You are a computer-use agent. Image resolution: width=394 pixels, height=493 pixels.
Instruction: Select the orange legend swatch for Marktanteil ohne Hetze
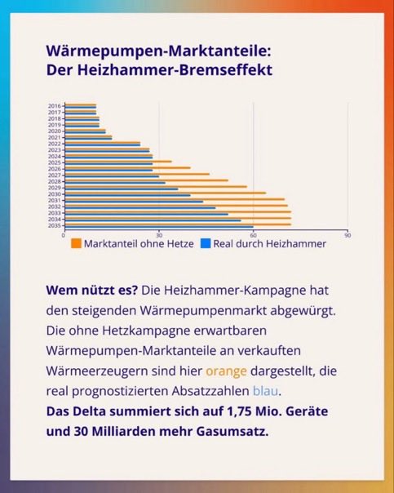tap(76, 243)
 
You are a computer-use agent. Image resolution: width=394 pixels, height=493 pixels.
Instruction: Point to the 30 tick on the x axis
tap(158, 235)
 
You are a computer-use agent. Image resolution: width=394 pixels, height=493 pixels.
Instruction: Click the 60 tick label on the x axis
tap(253, 235)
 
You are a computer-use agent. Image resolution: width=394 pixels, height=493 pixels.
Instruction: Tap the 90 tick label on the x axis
tap(348, 235)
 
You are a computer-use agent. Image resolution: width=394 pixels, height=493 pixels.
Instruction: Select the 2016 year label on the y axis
tap(55, 106)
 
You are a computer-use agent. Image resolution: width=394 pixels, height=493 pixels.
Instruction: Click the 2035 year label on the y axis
tap(55, 225)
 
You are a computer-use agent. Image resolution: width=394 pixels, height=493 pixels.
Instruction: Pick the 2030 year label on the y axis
tap(55, 193)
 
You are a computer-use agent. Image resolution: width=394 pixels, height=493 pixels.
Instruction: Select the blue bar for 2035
tap(158, 227)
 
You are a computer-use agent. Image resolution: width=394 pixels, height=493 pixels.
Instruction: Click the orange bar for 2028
tap(146, 180)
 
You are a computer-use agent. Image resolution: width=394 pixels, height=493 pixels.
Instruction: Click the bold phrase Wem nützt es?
tap(91, 291)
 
